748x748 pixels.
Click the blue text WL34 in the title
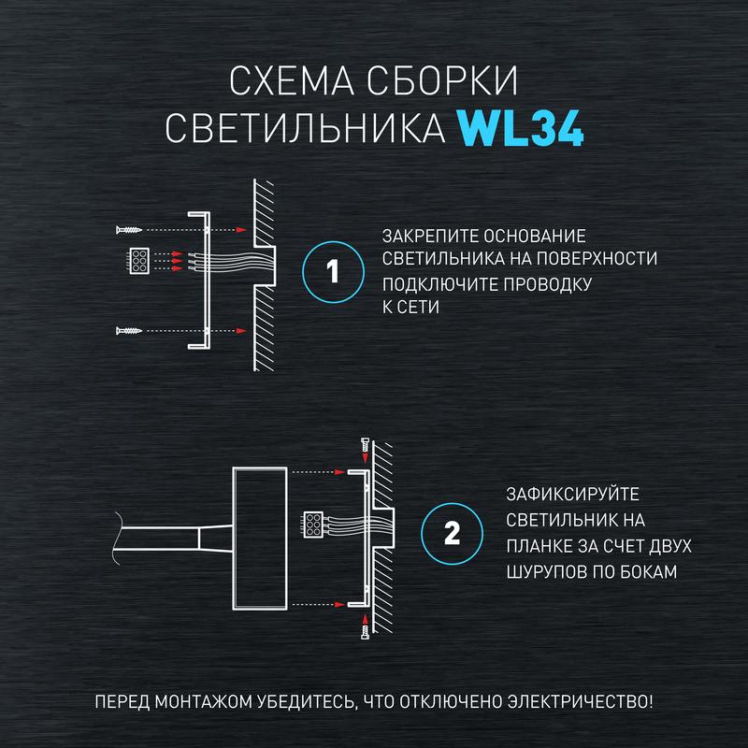pyautogui.click(x=521, y=131)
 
